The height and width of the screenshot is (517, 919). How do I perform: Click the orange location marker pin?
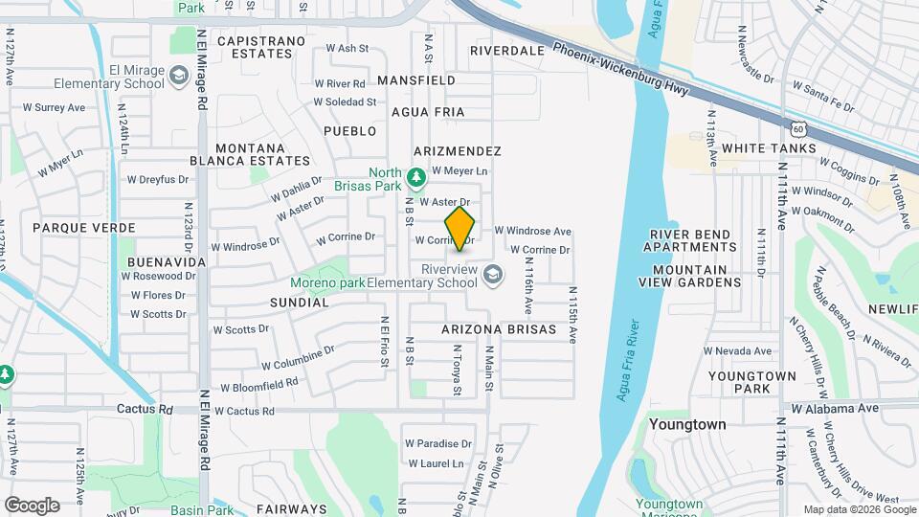[x=460, y=229]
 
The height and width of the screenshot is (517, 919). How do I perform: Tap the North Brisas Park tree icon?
[x=415, y=177]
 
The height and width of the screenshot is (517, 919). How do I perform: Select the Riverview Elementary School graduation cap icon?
[x=492, y=276]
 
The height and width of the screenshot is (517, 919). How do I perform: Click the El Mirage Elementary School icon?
[x=178, y=76]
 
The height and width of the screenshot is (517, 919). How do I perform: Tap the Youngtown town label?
[x=687, y=423]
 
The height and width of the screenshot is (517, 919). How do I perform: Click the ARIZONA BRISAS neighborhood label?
[x=499, y=329]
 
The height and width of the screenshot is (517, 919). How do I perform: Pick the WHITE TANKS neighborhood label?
[x=769, y=148]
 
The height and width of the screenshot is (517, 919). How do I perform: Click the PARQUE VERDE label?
[x=83, y=228]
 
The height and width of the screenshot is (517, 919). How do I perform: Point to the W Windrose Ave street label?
[x=532, y=231]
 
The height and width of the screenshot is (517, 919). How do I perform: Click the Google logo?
[x=32, y=505]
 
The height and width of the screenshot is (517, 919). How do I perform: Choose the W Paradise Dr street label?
[x=438, y=443]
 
